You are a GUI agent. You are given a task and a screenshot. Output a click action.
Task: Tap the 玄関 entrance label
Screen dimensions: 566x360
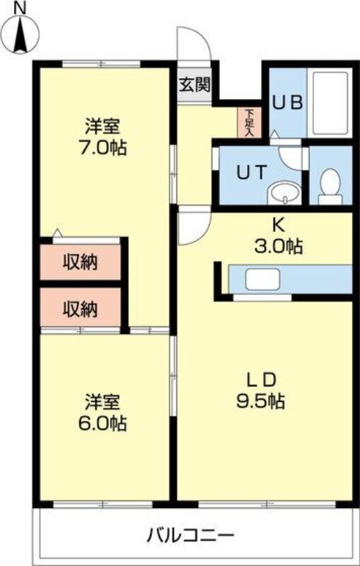(x=194, y=85)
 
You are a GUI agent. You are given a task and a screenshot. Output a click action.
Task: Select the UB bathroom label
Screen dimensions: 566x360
(x=288, y=102)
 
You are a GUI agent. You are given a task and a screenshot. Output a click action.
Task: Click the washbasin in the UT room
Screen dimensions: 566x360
(x=286, y=191)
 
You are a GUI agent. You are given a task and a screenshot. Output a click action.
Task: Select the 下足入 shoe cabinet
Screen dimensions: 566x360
(x=250, y=122)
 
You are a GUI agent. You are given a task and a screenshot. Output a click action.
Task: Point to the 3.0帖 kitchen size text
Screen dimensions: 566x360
(x=279, y=247)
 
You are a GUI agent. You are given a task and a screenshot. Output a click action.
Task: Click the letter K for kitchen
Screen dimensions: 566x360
(x=279, y=227)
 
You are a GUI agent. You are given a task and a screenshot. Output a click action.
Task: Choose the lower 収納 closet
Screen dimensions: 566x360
(x=81, y=308)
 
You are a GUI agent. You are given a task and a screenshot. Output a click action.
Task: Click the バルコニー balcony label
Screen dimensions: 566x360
(x=190, y=533)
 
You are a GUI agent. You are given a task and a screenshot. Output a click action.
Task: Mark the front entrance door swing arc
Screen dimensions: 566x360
(x=195, y=47)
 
